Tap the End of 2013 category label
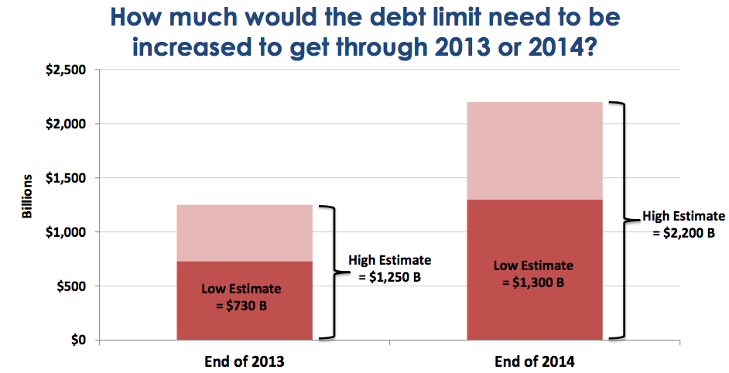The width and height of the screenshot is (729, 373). coord(245,361)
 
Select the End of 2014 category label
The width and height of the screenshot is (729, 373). coord(535,361)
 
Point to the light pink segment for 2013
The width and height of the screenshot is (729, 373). coord(245,233)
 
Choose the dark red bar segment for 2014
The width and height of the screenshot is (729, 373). coord(535,310)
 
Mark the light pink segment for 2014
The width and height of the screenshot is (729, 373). coord(535,150)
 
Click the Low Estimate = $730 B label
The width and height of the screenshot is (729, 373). coord(241,296)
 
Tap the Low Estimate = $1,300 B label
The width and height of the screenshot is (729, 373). coord(533,273)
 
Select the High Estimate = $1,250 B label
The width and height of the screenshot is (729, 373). coord(390,269)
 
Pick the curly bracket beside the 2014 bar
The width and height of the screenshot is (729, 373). coord(620,221)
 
